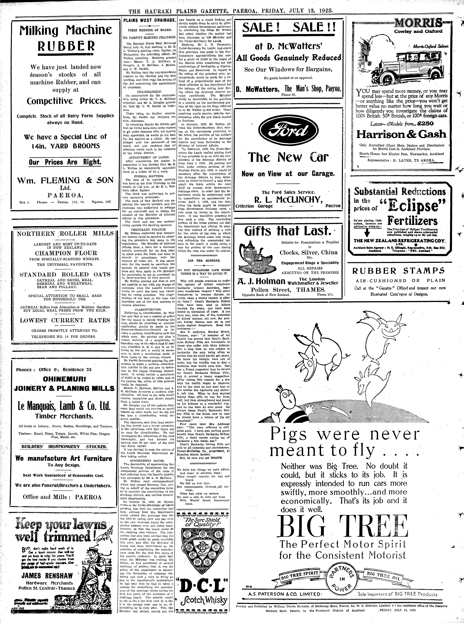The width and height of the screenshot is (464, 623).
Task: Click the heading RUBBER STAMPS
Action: pyautogui.click(x=399, y=271)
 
